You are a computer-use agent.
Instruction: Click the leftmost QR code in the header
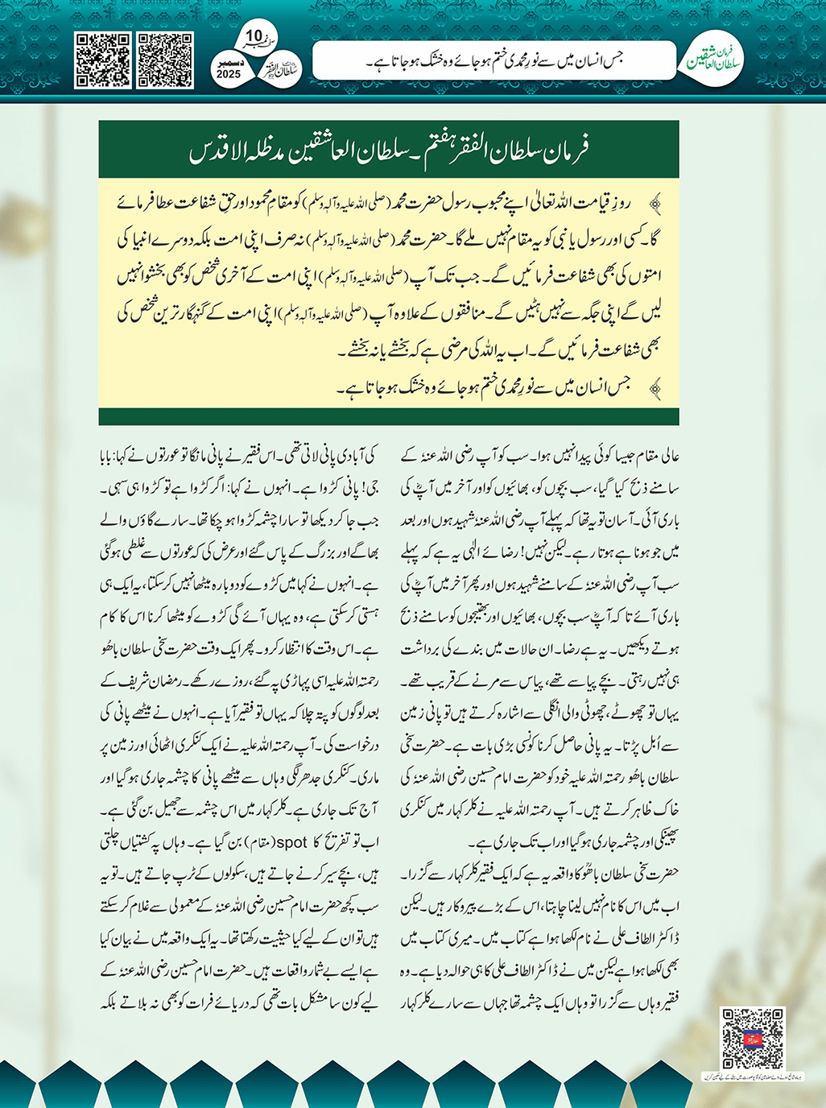pyautogui.click(x=102, y=60)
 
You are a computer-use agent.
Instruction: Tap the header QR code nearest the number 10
pyautogui.click(x=165, y=60)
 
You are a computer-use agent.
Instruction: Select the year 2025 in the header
pyautogui.click(x=229, y=74)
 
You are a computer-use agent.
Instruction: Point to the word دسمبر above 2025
pyautogui.click(x=229, y=62)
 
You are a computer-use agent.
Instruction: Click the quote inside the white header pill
pyautogui.click(x=495, y=60)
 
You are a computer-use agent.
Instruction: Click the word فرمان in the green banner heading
pyautogui.click(x=564, y=150)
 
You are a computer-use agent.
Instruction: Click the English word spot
pyautogui.click(x=293, y=842)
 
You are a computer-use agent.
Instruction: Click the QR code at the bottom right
pyautogui.click(x=752, y=1038)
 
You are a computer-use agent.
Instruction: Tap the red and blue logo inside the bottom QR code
pyautogui.click(x=752, y=1038)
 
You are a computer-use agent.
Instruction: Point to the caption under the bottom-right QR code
pyautogui.click(x=752, y=1075)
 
